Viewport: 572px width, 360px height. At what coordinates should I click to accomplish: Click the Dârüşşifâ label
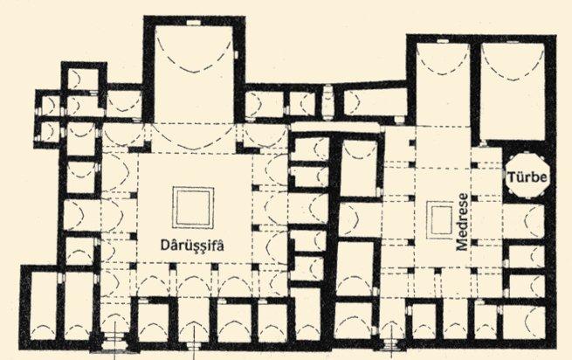[x=192, y=245]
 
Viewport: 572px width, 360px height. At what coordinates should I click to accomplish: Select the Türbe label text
[x=527, y=177]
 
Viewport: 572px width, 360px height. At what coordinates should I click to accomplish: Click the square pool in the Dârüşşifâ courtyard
[x=193, y=207]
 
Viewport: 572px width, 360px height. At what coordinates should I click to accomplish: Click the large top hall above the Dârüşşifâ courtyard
[x=194, y=73]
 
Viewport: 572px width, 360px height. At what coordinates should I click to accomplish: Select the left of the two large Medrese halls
[x=443, y=85]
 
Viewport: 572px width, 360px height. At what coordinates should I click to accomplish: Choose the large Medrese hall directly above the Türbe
[x=513, y=91]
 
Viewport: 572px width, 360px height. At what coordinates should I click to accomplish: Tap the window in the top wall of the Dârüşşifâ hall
[x=193, y=22]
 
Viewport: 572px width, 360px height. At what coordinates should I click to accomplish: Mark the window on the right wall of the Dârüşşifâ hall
[x=236, y=54]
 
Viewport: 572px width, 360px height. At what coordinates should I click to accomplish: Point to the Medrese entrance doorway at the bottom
[x=392, y=343]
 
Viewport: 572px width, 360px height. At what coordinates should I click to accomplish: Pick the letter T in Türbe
[x=512, y=177]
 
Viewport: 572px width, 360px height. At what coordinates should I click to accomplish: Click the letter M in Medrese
[x=462, y=244]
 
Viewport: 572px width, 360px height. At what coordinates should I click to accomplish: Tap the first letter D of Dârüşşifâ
[x=165, y=246]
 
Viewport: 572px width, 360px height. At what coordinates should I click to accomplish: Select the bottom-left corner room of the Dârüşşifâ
[x=43, y=306]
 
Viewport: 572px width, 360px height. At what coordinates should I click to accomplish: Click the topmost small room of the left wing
[x=83, y=79]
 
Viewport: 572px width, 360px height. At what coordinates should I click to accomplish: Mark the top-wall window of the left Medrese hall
[x=443, y=41]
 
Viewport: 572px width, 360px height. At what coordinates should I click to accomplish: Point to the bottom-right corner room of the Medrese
[x=524, y=322]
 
